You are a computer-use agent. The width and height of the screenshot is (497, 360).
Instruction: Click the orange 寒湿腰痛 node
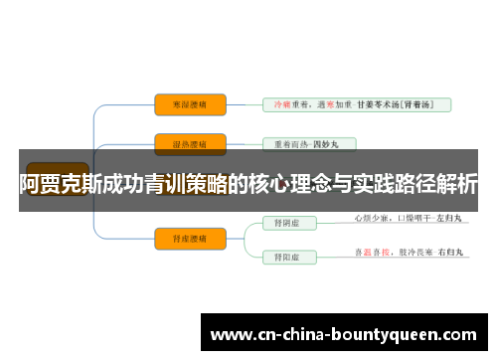190,103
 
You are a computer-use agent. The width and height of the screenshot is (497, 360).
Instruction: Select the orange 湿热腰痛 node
190,144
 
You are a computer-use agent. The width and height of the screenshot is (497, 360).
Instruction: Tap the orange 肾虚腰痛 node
190,237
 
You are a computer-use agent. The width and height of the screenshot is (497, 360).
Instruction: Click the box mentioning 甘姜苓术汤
356,103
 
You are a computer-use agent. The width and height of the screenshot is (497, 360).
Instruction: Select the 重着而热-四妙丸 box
307,144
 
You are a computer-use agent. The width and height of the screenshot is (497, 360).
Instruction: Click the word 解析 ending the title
456,183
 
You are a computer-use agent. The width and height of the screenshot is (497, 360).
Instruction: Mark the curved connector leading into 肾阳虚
247,249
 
